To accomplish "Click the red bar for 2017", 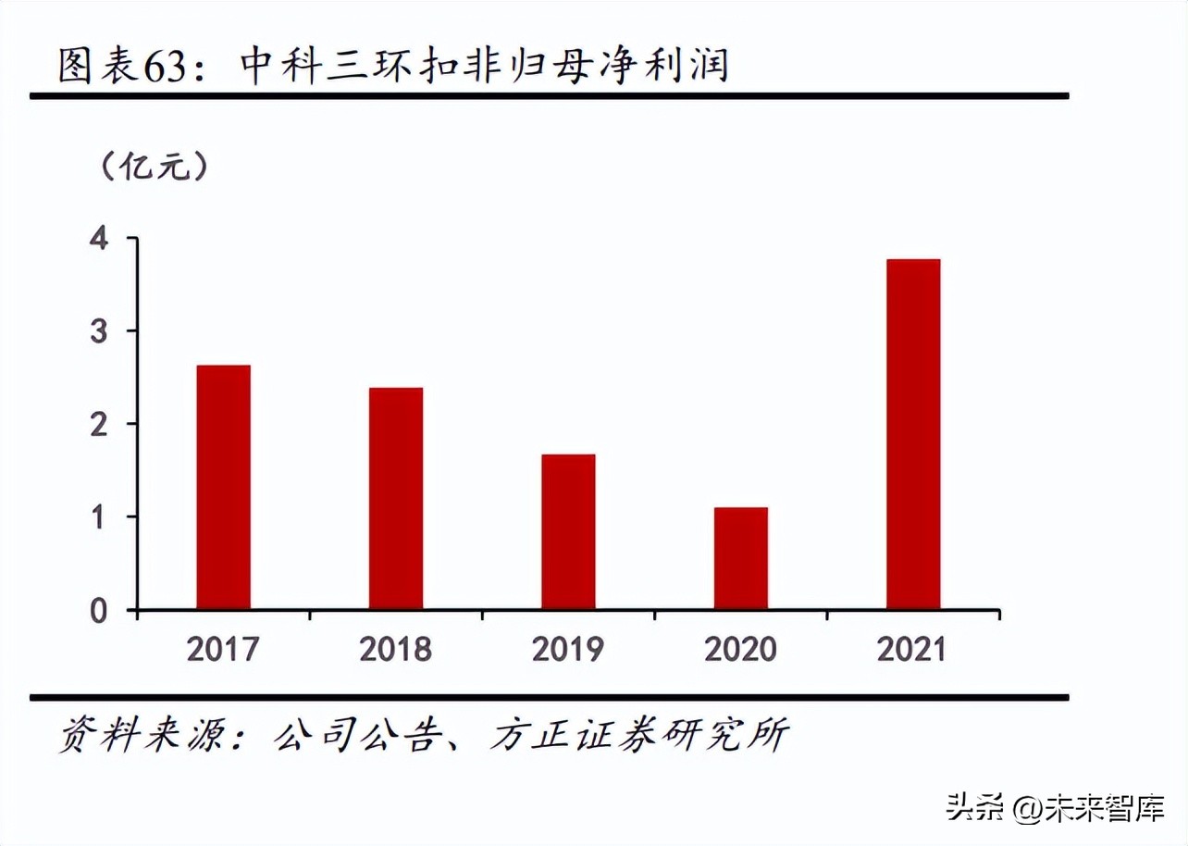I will [x=223, y=487].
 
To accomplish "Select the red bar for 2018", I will [x=395, y=498].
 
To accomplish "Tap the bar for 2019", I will [x=568, y=531].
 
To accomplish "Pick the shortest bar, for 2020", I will [x=740, y=558].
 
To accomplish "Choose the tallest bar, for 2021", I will [x=912, y=434].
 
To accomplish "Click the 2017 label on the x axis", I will [x=223, y=649].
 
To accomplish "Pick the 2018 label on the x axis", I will [x=395, y=649].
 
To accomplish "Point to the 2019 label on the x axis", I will [x=568, y=649].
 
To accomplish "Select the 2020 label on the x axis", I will [x=740, y=649].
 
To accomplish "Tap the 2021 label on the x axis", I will [x=912, y=649].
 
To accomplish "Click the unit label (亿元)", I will [x=154, y=167].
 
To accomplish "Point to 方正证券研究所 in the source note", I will [x=639, y=736].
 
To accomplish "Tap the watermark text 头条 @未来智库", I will [x=1054, y=807].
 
